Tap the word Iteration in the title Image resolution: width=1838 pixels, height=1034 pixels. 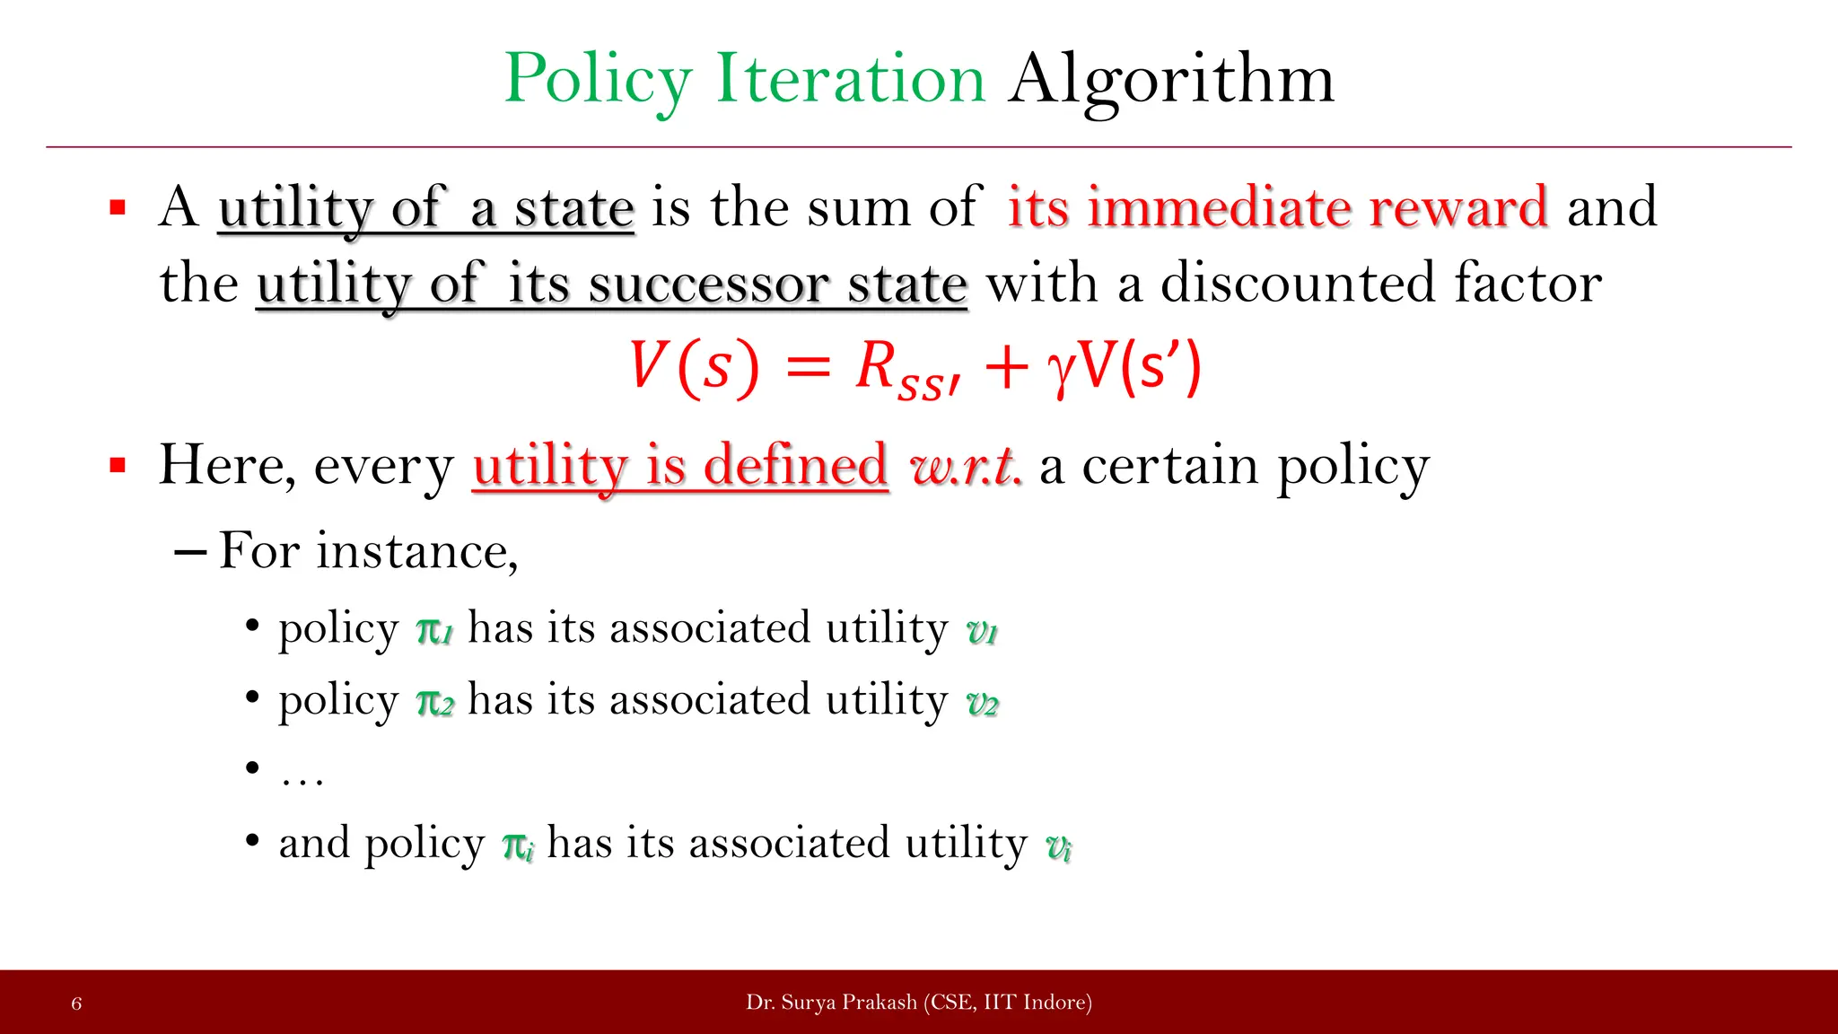[x=851, y=79]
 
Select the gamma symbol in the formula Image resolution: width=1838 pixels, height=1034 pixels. [x=1061, y=370]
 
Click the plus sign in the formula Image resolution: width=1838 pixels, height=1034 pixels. [x=1005, y=368]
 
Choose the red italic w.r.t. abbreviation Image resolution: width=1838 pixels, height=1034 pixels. [x=965, y=467]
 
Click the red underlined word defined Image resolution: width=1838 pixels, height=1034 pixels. [x=795, y=465]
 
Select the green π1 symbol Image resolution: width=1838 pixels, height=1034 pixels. [x=434, y=630]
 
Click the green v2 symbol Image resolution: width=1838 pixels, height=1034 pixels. [x=982, y=703]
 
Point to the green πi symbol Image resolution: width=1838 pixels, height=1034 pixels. [x=518, y=846]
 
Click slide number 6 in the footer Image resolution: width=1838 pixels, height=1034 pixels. [x=76, y=1003]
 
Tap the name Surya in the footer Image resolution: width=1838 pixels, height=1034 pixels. [x=806, y=1003]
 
